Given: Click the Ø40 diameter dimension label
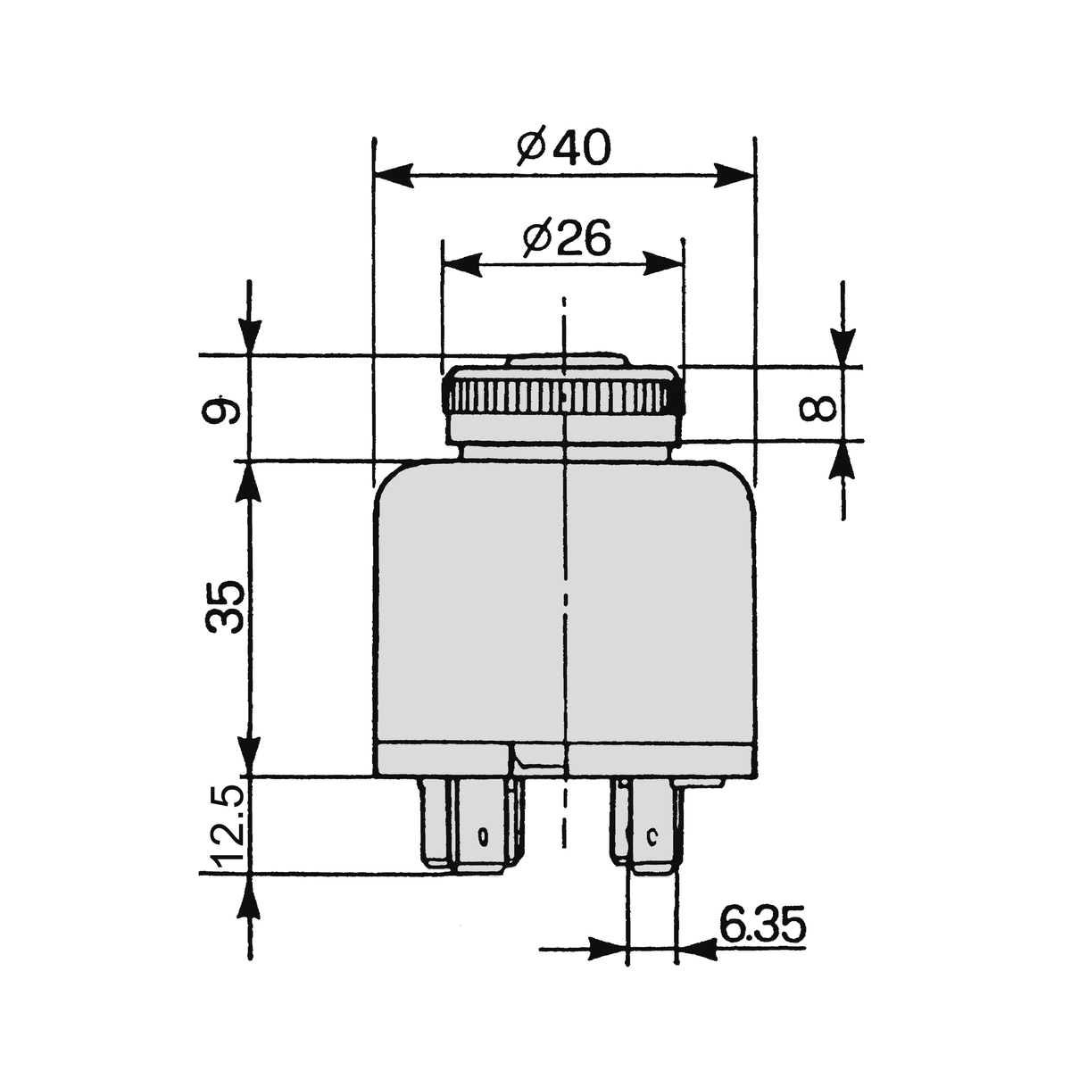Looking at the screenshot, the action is point(563,148).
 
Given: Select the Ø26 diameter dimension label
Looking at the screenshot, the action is point(567,238).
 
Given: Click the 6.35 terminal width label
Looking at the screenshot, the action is point(761,926).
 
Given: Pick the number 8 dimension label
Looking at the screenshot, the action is point(817,407).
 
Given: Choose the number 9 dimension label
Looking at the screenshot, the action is point(222,409).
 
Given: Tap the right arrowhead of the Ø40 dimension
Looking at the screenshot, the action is point(734,176).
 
